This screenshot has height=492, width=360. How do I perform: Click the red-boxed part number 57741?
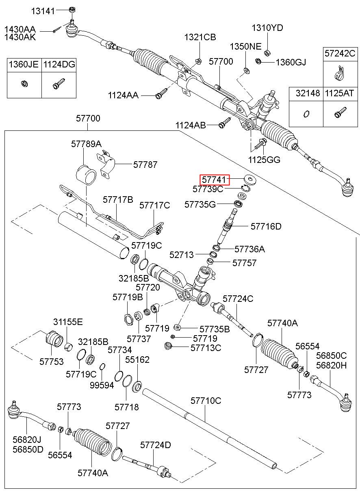(x=214, y=180)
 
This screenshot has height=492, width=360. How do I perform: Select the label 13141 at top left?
(x=43, y=11)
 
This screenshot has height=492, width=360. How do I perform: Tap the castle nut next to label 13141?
(x=72, y=10)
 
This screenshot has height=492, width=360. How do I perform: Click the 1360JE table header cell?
(x=24, y=65)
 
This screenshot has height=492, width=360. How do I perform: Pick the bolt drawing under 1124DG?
(x=59, y=84)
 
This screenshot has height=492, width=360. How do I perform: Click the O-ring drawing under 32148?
(x=306, y=114)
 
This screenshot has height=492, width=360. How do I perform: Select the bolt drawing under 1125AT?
(x=340, y=113)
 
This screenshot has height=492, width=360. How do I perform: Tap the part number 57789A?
(x=86, y=144)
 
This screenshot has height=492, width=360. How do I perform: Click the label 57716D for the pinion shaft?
(x=266, y=226)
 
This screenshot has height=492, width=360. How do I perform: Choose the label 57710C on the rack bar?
(x=206, y=401)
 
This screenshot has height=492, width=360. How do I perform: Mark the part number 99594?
(x=102, y=385)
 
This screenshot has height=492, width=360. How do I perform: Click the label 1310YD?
(x=267, y=28)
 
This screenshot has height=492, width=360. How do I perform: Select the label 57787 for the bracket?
(x=145, y=165)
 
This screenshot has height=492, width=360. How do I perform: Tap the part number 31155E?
(x=68, y=322)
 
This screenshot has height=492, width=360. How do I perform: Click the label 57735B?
(x=215, y=329)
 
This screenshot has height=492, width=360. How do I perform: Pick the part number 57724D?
(x=156, y=445)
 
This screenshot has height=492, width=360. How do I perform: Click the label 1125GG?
(x=264, y=160)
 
